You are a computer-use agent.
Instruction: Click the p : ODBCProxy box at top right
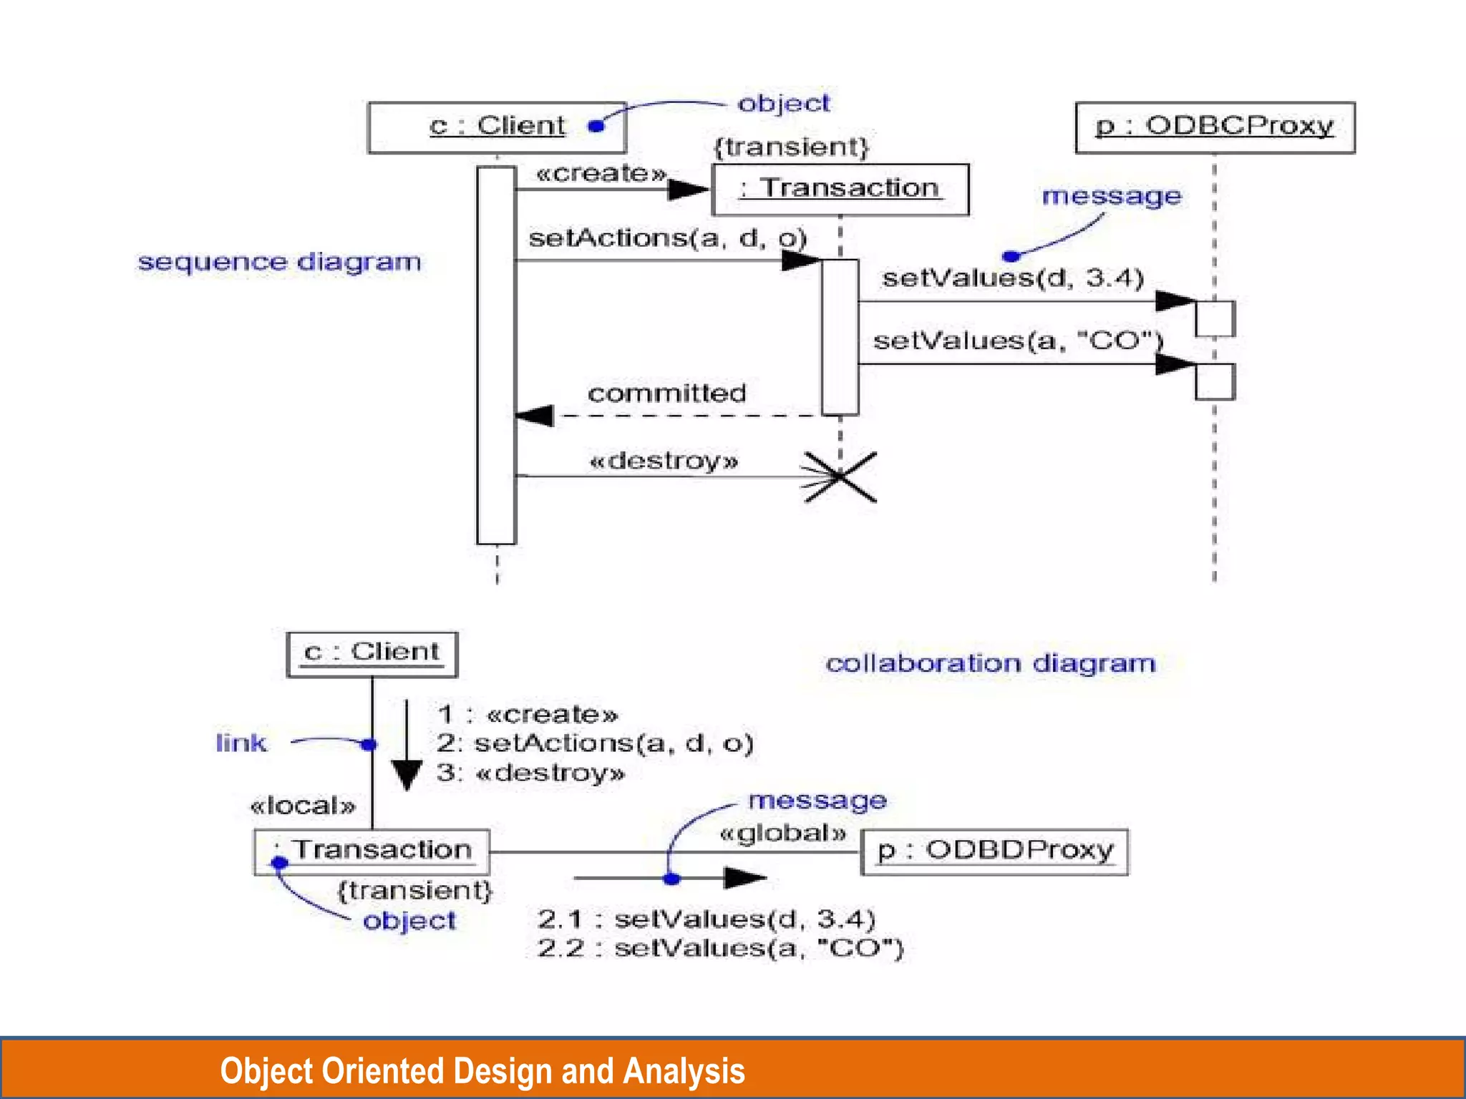coord(1215,127)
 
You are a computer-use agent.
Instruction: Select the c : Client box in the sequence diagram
coord(497,127)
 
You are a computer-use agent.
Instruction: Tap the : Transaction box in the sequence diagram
coord(840,189)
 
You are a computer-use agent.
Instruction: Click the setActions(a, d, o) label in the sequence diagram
coord(667,238)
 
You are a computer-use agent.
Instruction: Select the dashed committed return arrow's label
coord(666,393)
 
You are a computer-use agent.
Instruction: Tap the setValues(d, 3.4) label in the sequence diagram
coord(1013,278)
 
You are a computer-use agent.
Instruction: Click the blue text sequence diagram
coord(279,262)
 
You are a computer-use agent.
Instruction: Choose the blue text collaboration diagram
coord(990,663)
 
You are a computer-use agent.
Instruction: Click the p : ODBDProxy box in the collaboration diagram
coord(994,851)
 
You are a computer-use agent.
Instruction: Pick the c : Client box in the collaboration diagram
coord(372,653)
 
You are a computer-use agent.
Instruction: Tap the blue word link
coord(241,743)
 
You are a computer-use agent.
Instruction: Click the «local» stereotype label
coord(302,806)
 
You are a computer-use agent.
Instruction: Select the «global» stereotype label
coord(783,834)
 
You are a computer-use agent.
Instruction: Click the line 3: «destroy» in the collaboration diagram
coord(530,773)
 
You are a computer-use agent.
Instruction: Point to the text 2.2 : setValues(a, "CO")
coord(720,948)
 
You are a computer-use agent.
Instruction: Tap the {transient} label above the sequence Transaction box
coord(791,147)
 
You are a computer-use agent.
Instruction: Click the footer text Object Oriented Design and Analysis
coord(482,1070)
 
